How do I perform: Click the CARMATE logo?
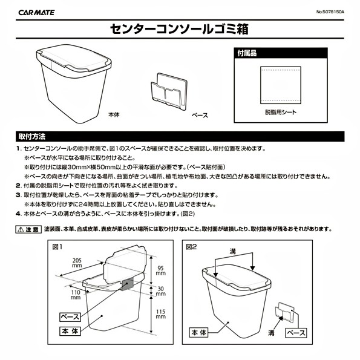click(36, 12)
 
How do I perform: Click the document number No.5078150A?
click(330, 12)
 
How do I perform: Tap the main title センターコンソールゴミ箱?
click(179, 29)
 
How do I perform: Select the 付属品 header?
click(247, 53)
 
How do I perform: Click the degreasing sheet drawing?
click(281, 85)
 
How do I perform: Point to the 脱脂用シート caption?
click(281, 113)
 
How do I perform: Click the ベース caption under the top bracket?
click(200, 115)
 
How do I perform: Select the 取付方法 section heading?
click(32, 137)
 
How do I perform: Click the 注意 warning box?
click(28, 229)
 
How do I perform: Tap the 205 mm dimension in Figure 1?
click(77, 263)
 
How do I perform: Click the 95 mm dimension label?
click(160, 270)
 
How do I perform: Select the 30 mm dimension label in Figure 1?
click(161, 291)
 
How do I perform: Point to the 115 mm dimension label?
click(160, 314)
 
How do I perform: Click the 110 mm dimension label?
click(76, 295)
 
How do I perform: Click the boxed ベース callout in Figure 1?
click(70, 317)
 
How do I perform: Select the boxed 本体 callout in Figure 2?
click(199, 332)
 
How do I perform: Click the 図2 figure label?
click(191, 247)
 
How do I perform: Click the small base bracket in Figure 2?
click(284, 312)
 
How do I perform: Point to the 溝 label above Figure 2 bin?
click(233, 252)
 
